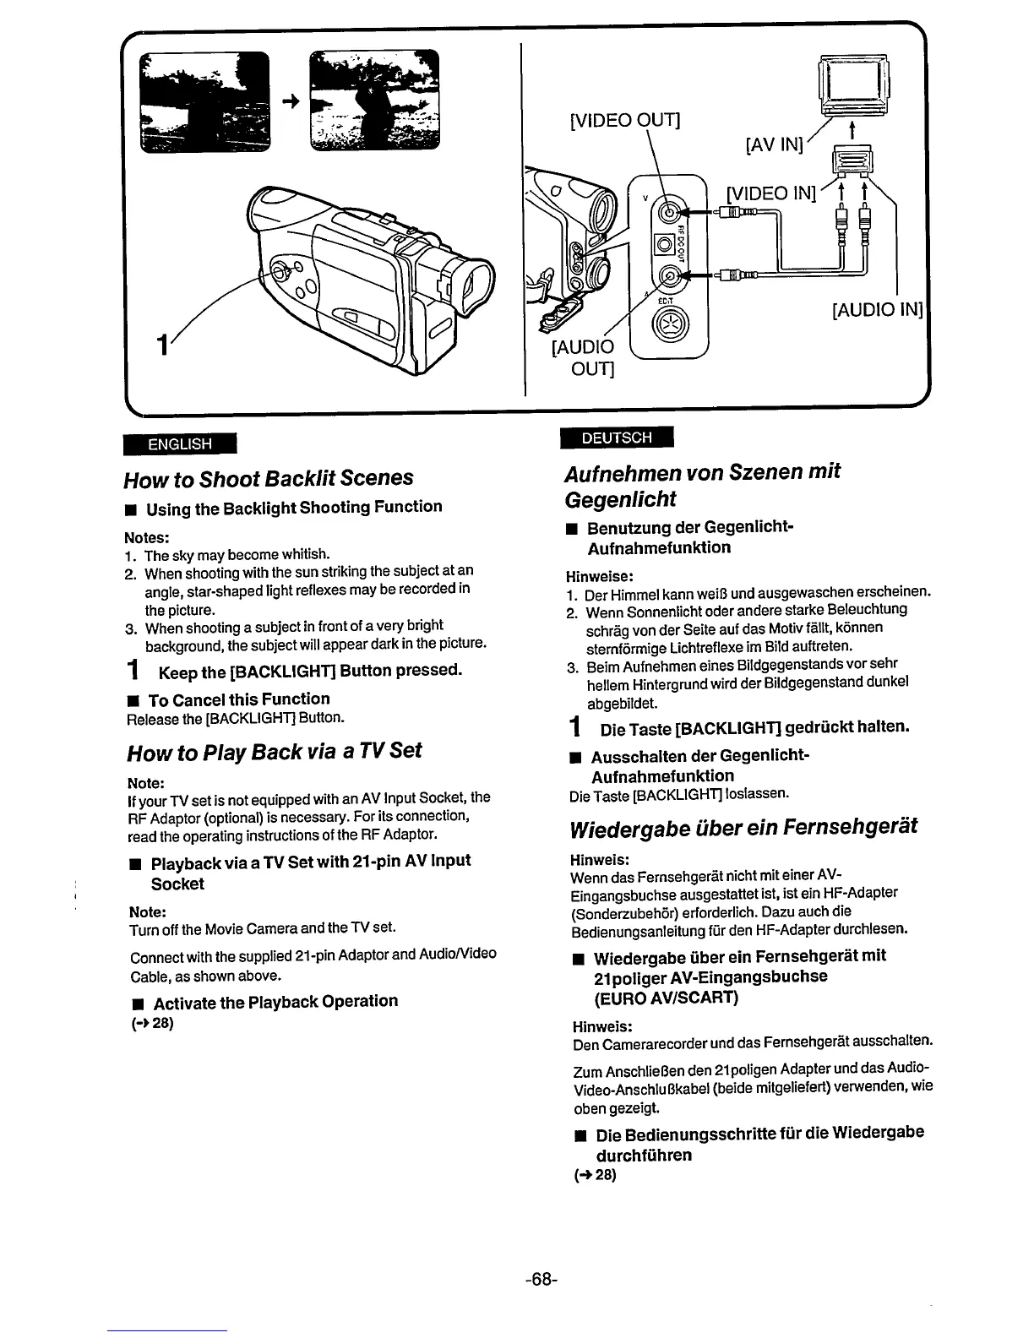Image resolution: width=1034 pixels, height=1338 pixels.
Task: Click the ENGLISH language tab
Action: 180,444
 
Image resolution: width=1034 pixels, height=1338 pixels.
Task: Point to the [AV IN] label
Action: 772,144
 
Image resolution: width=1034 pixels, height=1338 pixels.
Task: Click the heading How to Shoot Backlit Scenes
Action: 269,478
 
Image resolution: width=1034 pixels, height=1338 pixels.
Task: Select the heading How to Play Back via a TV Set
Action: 274,751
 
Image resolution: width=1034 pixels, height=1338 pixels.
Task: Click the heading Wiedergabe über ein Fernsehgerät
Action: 741,825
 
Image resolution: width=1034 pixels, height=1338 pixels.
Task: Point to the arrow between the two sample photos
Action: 291,100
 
